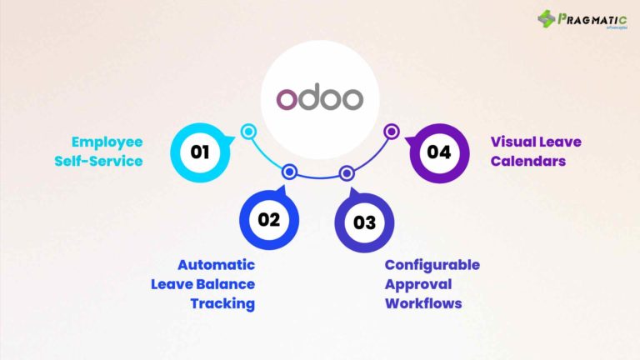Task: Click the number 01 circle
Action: pyautogui.click(x=199, y=152)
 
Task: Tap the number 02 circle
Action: pyautogui.click(x=269, y=221)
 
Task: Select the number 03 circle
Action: pyautogui.click(x=364, y=222)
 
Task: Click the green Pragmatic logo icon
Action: pyautogui.click(x=547, y=18)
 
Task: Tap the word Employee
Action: pyautogui.click(x=107, y=142)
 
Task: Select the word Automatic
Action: pyautogui.click(x=219, y=265)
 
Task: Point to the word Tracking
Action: pyautogui.click(x=222, y=303)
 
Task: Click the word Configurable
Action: pyautogui.click(x=432, y=265)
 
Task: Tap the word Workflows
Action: pyautogui.click(x=423, y=303)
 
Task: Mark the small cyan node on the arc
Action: pyautogui.click(x=247, y=131)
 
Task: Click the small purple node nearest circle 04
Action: pyautogui.click(x=392, y=131)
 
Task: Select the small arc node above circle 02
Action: pyautogui.click(x=289, y=172)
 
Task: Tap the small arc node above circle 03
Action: pyautogui.click(x=347, y=172)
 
